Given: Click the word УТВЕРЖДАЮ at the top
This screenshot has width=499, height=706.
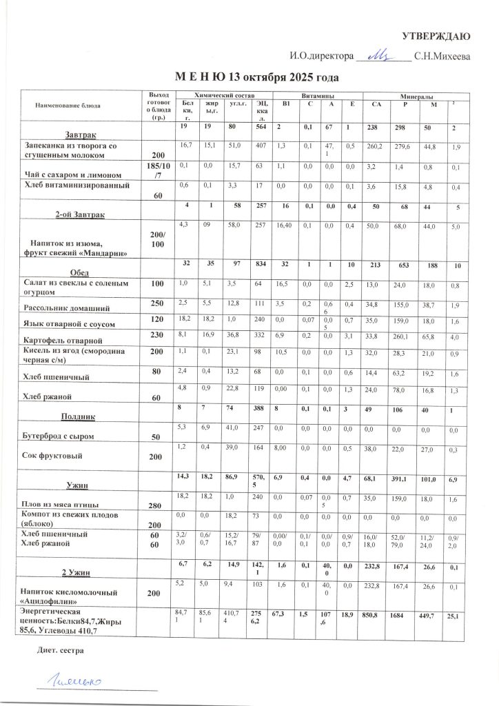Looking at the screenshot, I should coord(436,36).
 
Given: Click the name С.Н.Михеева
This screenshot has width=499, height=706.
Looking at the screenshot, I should coord(442,55).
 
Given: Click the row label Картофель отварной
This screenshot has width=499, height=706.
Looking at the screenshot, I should coord(63,340).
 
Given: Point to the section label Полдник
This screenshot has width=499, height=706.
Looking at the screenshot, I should coord(78,416).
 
